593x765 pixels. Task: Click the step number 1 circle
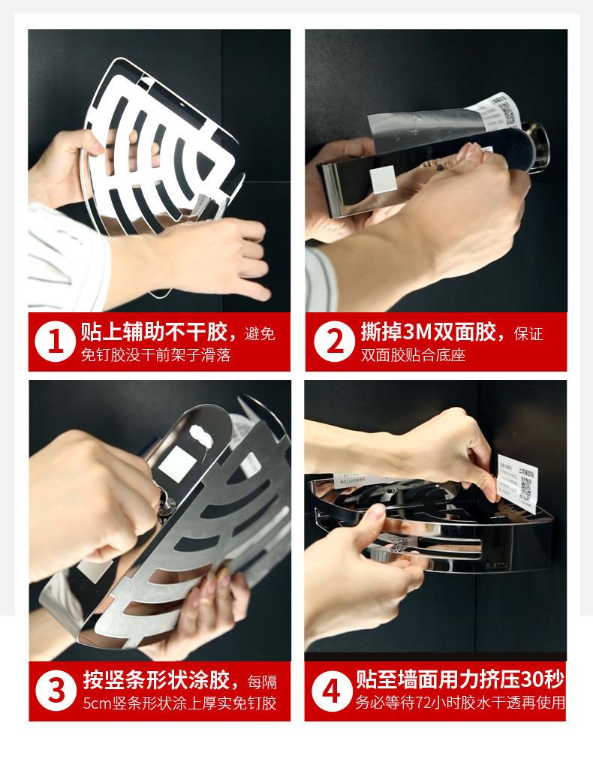(x=55, y=342)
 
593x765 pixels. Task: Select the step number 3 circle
(x=55, y=691)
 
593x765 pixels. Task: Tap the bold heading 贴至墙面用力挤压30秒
(x=460, y=680)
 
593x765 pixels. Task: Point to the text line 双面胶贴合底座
(x=413, y=355)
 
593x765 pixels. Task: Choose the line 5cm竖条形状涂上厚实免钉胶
(x=179, y=704)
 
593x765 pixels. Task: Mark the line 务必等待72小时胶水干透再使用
(x=460, y=704)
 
